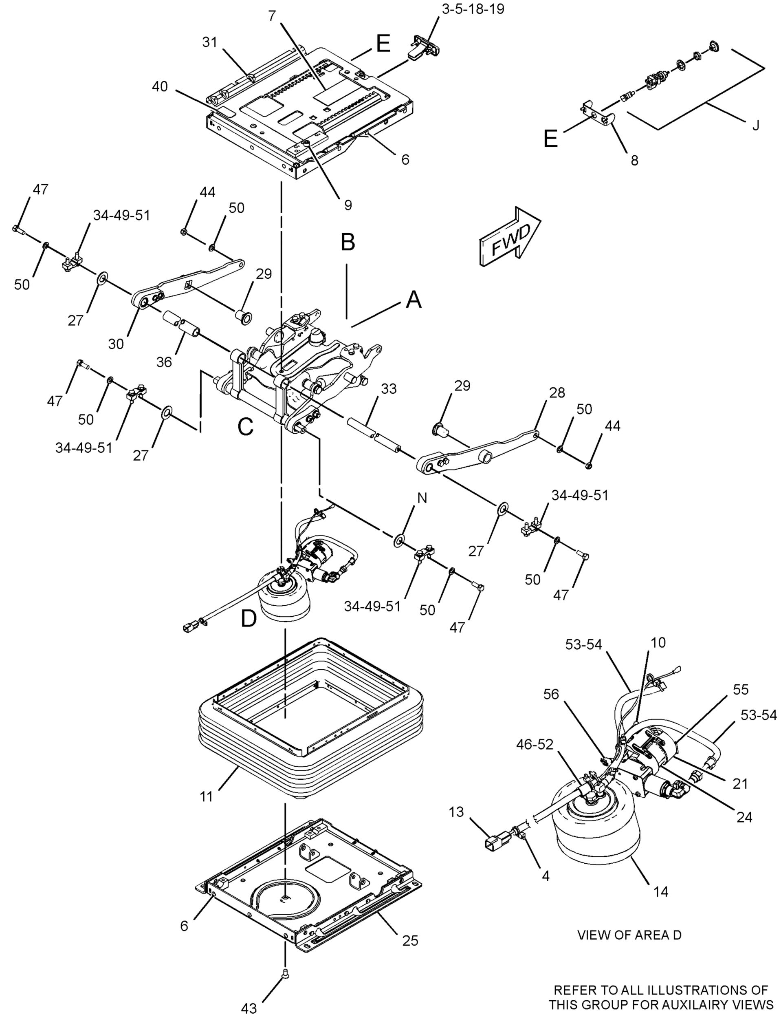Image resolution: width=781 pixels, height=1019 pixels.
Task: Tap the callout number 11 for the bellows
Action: pos(206,797)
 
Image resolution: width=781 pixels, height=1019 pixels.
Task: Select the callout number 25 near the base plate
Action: pos(410,940)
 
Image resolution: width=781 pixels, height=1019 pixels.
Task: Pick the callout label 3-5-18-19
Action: pos(473,9)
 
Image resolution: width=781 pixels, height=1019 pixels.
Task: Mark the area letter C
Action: pos(245,426)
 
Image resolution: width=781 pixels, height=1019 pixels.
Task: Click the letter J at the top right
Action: pos(755,126)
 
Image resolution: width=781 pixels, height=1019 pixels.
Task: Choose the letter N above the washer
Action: pos(422,498)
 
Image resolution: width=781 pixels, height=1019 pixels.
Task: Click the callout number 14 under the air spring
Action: pos(660,891)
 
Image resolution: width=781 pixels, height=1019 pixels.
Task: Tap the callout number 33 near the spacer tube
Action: pos(388,389)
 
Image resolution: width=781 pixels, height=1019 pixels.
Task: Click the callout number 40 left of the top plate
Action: pos(160,86)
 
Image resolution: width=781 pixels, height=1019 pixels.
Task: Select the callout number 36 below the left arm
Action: pos(164,362)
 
